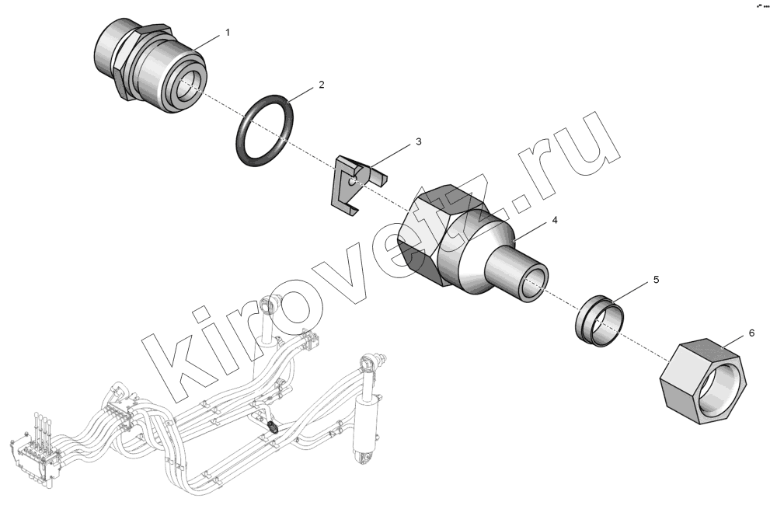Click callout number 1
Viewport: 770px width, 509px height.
tap(228, 33)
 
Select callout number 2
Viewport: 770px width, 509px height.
tap(322, 85)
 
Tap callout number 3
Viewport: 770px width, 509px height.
tap(418, 141)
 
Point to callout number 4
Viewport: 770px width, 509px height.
tap(555, 220)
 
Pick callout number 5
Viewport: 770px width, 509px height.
tap(656, 280)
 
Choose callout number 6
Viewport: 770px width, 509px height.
tap(751, 333)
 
